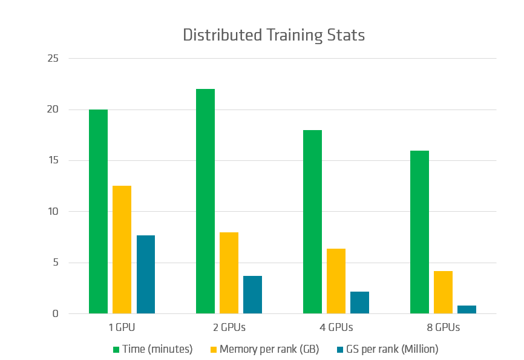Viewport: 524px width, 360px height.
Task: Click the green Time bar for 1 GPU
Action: tap(98, 212)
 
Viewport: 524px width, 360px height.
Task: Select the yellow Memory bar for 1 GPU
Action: tap(122, 250)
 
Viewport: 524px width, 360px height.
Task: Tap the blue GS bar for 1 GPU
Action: tap(145, 275)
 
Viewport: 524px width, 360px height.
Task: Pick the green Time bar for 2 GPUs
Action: tap(205, 201)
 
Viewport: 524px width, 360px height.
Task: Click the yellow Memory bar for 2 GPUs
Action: tap(229, 273)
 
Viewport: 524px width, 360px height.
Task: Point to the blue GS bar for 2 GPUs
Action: tap(252, 295)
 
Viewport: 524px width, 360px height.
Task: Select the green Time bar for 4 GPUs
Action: tap(312, 222)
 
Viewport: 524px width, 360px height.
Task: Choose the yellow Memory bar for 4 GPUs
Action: tap(336, 281)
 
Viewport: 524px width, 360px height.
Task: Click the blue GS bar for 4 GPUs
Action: tap(359, 303)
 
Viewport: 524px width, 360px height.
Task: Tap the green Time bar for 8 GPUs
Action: tap(419, 232)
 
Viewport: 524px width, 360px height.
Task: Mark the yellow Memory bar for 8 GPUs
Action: tap(443, 292)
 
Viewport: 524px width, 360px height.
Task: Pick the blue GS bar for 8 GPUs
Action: tap(467, 310)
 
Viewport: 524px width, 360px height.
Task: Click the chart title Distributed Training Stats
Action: tap(273, 35)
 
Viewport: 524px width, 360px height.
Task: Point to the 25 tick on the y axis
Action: tap(53, 59)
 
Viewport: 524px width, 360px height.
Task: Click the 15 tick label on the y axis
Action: tap(53, 161)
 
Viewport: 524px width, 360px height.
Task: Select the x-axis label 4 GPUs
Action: tap(336, 328)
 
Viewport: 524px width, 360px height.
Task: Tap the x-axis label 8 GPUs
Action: tap(443, 328)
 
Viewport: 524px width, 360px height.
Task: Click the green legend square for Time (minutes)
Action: tap(116, 349)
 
